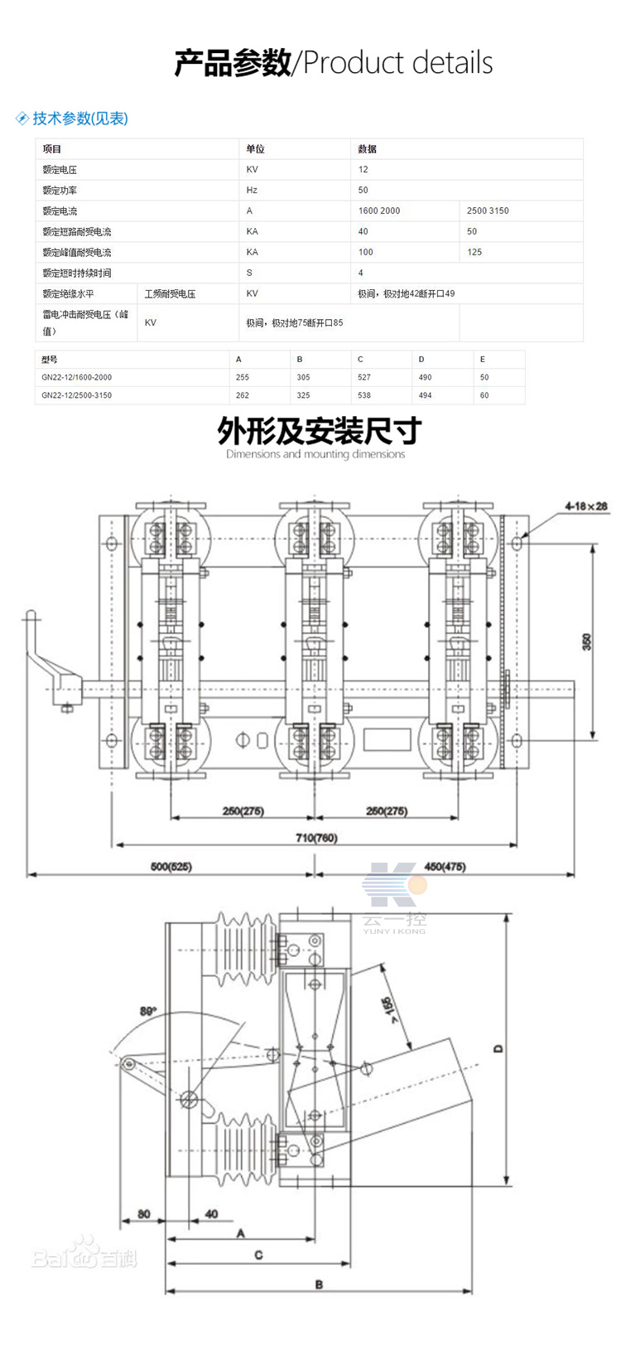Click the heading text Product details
click(x=398, y=63)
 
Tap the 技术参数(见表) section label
click(x=79, y=119)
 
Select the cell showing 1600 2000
click(x=379, y=210)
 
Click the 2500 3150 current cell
click(x=488, y=210)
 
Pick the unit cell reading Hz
click(x=252, y=190)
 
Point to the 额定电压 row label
click(x=60, y=169)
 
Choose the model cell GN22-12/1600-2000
click(x=76, y=377)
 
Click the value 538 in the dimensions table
click(x=364, y=395)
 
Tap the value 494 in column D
click(x=425, y=395)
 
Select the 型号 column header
click(x=50, y=360)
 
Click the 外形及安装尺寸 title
click(x=319, y=431)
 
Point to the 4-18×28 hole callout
click(x=586, y=506)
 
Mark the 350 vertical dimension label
click(x=587, y=641)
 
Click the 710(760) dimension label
click(x=316, y=838)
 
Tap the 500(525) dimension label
click(x=171, y=867)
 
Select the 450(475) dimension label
click(x=445, y=867)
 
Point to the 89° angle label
click(x=148, y=1011)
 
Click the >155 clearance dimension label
click(x=390, y=1009)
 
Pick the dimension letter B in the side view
click(x=319, y=1284)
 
